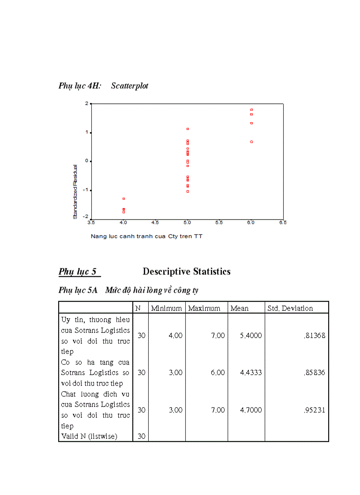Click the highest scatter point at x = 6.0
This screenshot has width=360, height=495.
(x=251, y=110)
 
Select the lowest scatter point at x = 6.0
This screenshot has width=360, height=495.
(x=251, y=142)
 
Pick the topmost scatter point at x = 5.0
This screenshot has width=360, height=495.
(x=188, y=129)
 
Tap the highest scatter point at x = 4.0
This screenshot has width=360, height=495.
(x=124, y=199)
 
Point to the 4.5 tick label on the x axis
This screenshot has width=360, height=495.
(x=155, y=223)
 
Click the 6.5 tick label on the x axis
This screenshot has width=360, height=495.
(x=283, y=223)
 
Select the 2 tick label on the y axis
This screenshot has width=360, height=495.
(x=86, y=103)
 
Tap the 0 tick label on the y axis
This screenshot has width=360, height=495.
(x=86, y=161)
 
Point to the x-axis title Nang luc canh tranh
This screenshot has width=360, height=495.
(x=146, y=236)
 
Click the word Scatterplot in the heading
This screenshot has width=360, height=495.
(x=130, y=86)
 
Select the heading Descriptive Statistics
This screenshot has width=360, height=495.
(x=187, y=272)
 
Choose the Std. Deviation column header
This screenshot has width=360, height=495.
(x=290, y=309)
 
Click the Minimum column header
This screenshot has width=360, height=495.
(x=166, y=309)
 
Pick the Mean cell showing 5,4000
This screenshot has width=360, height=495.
(x=251, y=335)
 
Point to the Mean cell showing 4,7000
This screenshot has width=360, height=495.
(x=251, y=410)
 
